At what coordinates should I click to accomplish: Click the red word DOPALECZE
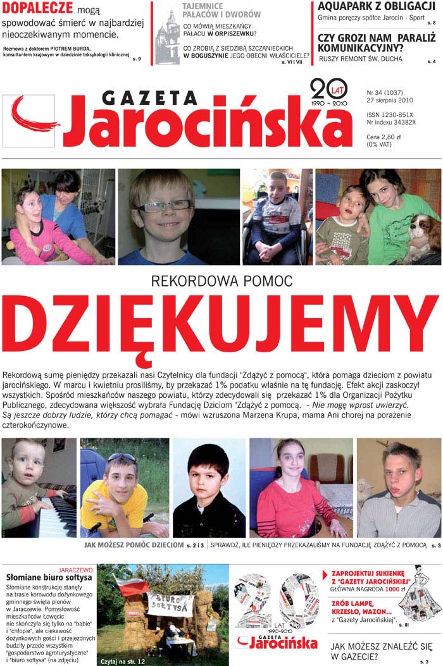click(x=37, y=9)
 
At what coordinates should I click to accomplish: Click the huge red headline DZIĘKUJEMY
click(x=221, y=326)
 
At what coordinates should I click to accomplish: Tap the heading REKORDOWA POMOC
click(x=221, y=280)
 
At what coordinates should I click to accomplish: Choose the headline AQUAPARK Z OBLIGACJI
click(x=376, y=7)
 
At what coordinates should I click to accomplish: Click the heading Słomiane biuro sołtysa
click(x=48, y=578)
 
